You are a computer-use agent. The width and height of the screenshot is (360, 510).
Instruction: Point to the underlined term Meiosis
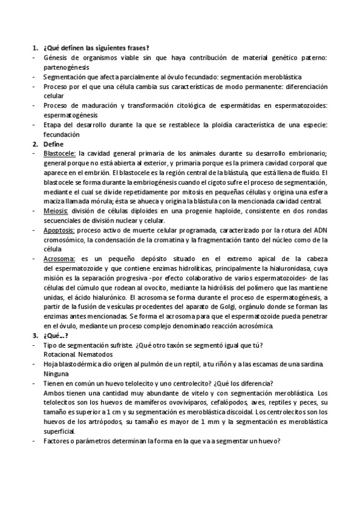(x=56, y=211)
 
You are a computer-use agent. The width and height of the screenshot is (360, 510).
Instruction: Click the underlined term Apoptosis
(x=59, y=230)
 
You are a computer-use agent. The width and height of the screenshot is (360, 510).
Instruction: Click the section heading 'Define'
(x=52, y=144)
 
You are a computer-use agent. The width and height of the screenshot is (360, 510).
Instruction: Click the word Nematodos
(x=95, y=354)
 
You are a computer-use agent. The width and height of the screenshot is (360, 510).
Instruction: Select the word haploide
(x=222, y=211)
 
